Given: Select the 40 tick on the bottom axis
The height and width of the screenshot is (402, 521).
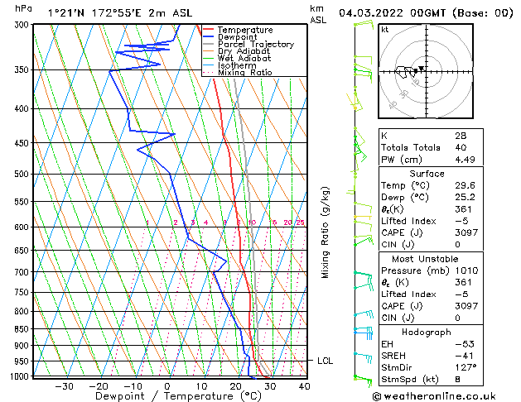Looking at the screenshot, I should point(304,386).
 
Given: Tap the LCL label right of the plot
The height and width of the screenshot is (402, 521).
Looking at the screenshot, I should point(326,361).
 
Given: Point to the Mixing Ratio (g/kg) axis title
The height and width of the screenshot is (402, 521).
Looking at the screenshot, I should point(326,232).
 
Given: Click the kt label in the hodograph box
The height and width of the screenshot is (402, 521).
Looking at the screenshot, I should point(385,30).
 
